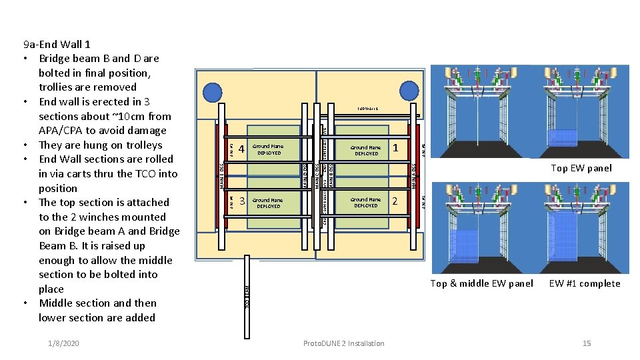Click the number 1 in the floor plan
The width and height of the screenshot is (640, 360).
tap(395, 147)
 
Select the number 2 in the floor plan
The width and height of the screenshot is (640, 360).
tap(395, 201)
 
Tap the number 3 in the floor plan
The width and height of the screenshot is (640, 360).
tap(242, 201)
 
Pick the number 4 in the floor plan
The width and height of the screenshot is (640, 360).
tap(242, 148)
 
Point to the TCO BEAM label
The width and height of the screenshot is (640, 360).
tap(247, 297)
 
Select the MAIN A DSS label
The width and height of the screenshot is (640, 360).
tap(414, 175)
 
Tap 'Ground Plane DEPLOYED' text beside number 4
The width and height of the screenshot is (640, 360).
tap(268, 149)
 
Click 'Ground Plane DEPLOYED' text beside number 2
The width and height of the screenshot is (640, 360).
tap(366, 203)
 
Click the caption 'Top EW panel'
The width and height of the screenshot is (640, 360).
tap(581, 168)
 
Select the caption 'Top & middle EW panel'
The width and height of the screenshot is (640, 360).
tap(481, 283)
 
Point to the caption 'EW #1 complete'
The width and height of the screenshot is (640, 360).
tap(585, 283)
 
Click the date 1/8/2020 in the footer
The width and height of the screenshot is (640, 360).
tap(63, 343)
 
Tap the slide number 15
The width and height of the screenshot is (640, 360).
tap(587, 343)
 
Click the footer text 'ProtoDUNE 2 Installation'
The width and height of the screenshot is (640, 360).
tap(343, 343)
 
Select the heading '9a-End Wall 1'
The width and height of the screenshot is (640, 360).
tap(57, 45)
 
